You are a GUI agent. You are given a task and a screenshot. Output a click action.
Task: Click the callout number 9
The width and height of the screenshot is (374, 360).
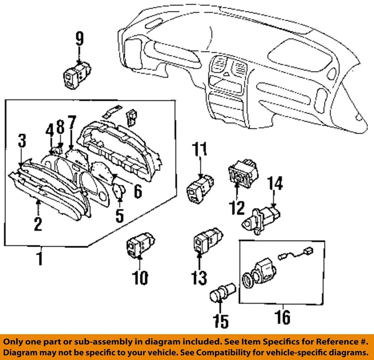79,39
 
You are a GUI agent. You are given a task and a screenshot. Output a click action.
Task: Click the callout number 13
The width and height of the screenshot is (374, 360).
200,277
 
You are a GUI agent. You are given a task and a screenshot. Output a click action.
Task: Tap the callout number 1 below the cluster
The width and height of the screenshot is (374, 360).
40,258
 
